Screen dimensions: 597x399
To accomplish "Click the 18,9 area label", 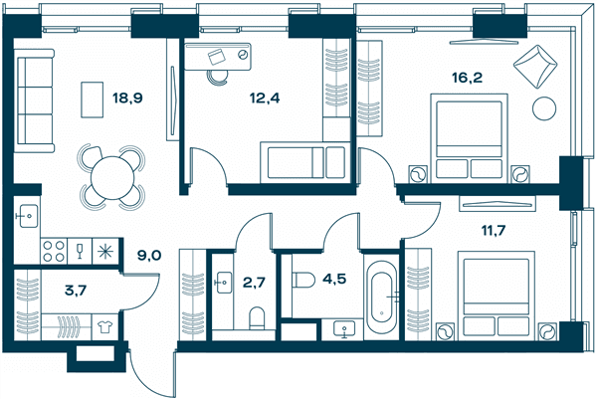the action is [x=127, y=99].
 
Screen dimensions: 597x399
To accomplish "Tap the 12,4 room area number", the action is [x=265, y=99].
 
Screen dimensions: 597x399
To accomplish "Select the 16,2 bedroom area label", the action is [x=467, y=78].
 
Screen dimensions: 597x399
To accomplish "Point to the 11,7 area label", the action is [x=494, y=230].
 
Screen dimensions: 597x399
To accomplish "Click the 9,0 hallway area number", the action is [x=149, y=255].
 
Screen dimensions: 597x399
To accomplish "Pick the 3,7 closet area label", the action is [x=76, y=291].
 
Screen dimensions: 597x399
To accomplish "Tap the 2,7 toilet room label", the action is [x=254, y=283].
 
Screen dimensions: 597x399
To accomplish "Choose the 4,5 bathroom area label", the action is [x=334, y=279].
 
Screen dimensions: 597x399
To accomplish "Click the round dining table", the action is [x=112, y=177].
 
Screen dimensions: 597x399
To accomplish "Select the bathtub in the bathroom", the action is [x=381, y=298].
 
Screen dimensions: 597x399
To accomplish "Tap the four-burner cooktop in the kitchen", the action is [x=54, y=252].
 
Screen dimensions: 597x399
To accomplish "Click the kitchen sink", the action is [x=29, y=216].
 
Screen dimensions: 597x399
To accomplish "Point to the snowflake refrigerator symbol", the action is [x=104, y=252].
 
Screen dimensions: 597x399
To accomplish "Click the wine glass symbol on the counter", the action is [x=80, y=252].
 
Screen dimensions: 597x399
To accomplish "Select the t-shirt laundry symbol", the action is [x=104, y=327].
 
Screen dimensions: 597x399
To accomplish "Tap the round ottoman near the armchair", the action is [x=544, y=108].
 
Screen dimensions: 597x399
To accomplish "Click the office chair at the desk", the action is [x=218, y=78].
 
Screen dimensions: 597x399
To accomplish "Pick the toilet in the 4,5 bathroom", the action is [x=303, y=280].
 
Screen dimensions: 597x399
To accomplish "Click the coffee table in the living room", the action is [x=93, y=100].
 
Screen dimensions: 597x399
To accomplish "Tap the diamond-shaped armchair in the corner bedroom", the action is [x=535, y=67].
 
